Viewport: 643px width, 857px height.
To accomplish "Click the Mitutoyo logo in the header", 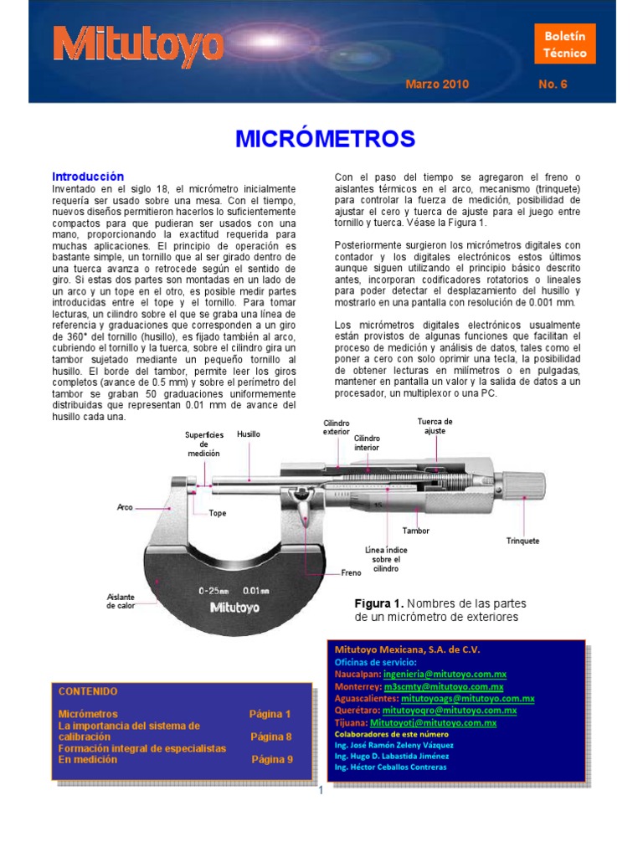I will point(139,44).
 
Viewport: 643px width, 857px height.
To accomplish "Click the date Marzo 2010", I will point(437,85).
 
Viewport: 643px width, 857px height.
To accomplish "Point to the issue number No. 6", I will point(553,85).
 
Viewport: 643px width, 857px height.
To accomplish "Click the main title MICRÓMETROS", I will point(325,138).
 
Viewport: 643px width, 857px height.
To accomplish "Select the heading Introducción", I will point(88,177).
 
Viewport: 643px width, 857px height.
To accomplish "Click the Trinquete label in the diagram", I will point(522,541).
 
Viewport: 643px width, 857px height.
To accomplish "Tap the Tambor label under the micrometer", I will point(416,531).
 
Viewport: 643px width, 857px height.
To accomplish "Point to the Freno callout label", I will point(351,573).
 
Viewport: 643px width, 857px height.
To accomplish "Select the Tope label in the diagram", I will point(218,513).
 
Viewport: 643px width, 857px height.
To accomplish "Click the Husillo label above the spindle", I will point(249,434).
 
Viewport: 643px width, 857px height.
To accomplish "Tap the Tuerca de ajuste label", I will point(435,426).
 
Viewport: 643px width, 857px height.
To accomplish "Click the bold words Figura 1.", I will point(380,603).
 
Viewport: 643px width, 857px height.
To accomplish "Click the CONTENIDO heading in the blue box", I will point(88,691).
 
